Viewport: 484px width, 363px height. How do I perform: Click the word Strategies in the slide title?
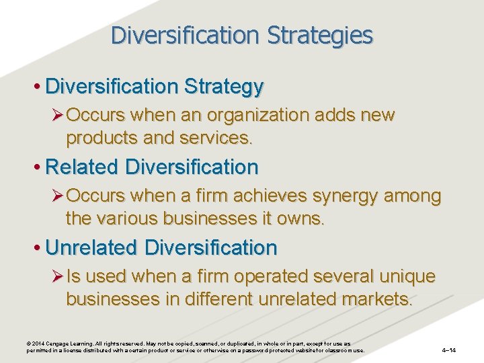click(x=317, y=35)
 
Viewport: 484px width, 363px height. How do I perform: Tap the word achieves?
click(x=272, y=196)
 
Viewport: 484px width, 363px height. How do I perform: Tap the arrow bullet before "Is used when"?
click(x=56, y=276)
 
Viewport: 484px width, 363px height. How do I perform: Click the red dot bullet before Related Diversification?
click(x=38, y=167)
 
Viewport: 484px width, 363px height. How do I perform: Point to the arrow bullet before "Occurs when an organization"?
click(x=56, y=116)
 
